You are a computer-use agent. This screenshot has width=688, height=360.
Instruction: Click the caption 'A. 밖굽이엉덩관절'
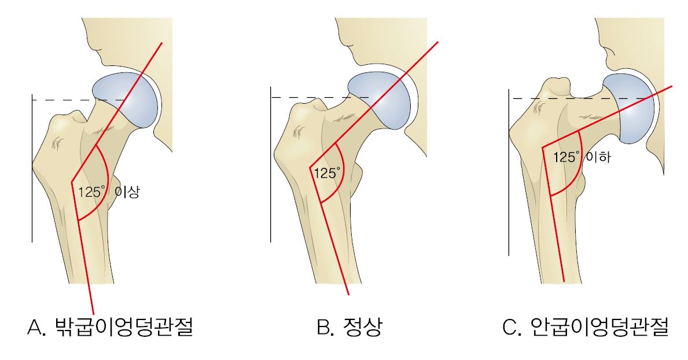point(111,327)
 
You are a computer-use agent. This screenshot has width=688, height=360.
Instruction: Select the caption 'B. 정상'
point(349,327)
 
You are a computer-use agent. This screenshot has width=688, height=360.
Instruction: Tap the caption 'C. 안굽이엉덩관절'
point(586,327)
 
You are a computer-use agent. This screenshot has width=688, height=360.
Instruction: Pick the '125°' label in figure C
point(566,157)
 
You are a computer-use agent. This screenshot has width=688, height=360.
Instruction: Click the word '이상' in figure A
point(127,192)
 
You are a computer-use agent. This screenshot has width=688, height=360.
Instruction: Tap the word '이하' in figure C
point(598,157)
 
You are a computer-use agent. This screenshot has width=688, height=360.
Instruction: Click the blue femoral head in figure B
point(381,101)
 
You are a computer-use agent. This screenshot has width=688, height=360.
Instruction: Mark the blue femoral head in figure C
point(629,108)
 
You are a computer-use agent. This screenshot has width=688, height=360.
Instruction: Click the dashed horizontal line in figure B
point(319,97)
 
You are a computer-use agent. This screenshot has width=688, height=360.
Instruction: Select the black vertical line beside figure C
point(509,172)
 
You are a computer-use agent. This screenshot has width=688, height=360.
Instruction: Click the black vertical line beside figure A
point(32,168)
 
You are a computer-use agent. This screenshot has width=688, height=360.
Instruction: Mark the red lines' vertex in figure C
point(543,147)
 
